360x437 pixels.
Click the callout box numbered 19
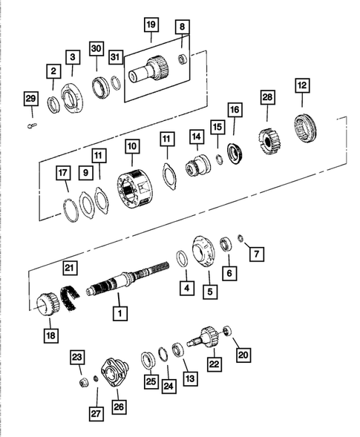click(151, 25)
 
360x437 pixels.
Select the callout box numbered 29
click(30, 99)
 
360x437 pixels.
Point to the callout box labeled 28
click(266, 98)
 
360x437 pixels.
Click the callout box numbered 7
click(256, 254)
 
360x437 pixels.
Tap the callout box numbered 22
click(215, 364)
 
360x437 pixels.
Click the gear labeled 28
click(266, 139)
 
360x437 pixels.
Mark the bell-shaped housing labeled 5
click(205, 250)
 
